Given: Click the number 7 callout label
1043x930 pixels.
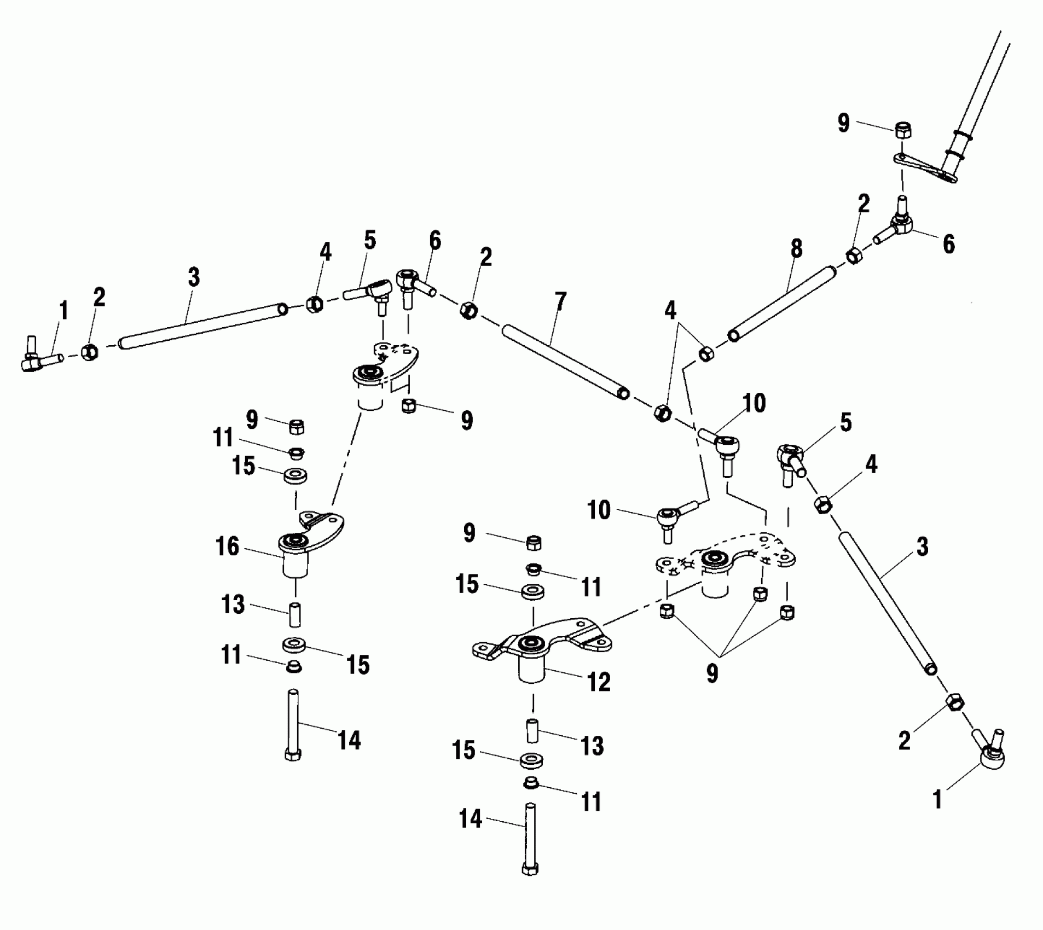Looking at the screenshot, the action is (560, 303).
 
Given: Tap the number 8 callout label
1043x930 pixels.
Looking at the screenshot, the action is (796, 248).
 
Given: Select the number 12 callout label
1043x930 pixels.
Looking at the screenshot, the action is (599, 682).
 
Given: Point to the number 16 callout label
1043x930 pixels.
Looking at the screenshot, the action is (227, 547).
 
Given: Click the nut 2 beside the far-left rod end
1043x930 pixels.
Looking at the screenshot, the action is (90, 351).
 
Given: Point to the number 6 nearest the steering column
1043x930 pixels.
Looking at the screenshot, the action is (948, 243).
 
